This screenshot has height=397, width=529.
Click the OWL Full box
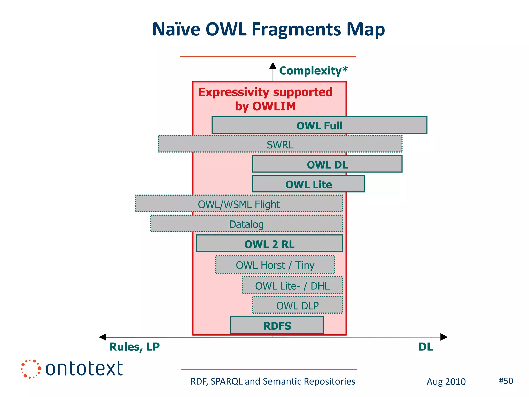319,125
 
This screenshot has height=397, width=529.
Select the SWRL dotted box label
280,144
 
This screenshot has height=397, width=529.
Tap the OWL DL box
327,164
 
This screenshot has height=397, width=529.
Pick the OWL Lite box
308,184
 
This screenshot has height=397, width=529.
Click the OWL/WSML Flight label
239,204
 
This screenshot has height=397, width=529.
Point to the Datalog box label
246,224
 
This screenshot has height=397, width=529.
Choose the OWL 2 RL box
269,244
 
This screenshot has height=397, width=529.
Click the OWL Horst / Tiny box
275,265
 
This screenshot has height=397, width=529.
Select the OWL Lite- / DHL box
292,286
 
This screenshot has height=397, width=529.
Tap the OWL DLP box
297,306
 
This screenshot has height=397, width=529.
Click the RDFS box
277,325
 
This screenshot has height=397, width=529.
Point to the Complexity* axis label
313,71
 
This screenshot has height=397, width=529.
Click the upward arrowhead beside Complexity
273,66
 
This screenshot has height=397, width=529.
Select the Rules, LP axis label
134,347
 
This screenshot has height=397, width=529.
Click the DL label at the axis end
425,347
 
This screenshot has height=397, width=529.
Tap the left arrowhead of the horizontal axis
103,337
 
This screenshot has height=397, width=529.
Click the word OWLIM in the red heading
274,106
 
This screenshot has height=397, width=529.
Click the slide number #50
506,381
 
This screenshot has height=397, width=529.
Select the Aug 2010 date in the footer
446,382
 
